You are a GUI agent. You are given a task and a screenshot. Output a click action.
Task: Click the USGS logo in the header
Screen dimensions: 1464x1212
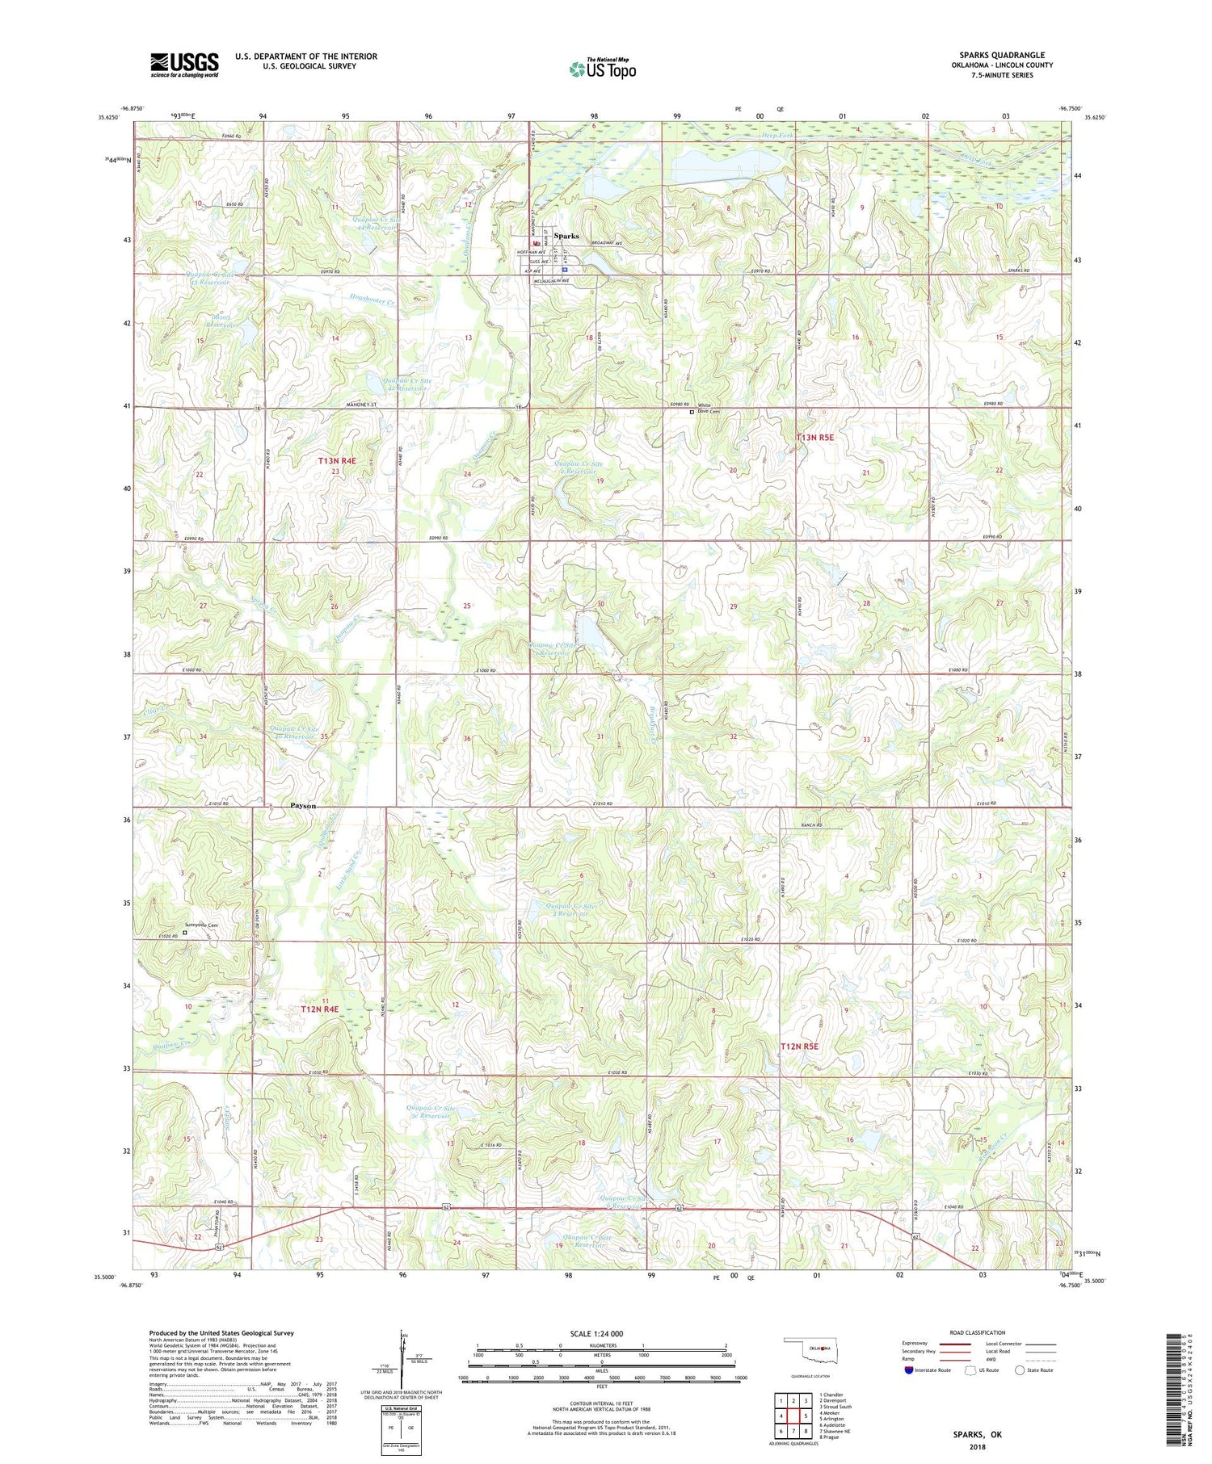click(x=184, y=65)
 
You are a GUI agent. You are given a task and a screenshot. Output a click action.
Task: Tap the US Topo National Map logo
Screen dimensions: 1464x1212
click(x=602, y=69)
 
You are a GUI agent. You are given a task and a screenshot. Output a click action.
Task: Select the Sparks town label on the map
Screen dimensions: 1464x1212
click(x=566, y=236)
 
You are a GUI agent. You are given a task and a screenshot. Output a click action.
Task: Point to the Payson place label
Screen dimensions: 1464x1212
click(x=303, y=806)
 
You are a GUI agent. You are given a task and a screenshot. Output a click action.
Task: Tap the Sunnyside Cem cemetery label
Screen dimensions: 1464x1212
click(x=202, y=925)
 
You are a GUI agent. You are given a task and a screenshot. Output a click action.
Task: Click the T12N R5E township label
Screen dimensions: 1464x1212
click(x=799, y=1047)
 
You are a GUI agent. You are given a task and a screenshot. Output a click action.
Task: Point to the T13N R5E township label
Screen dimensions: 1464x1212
click(x=815, y=438)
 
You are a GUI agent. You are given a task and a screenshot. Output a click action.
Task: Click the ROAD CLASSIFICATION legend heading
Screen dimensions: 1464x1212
click(x=978, y=1332)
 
